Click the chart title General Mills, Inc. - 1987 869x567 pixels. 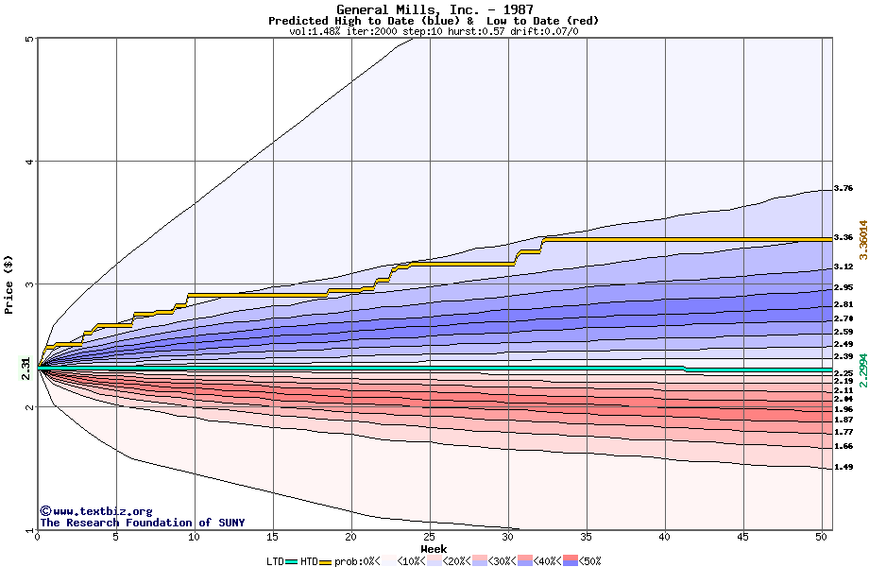click(x=434, y=9)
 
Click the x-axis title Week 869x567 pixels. click(x=434, y=549)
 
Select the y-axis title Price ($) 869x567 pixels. click(x=9, y=283)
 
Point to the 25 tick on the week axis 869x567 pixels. click(x=430, y=537)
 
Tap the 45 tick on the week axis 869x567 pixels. click(x=743, y=537)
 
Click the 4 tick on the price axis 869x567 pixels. click(x=30, y=162)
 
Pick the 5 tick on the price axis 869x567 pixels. click(x=30, y=40)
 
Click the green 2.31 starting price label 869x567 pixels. click(x=26, y=370)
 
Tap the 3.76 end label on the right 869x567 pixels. click(x=843, y=189)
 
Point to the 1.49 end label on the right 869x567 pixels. click(x=843, y=467)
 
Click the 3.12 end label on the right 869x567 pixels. click(x=843, y=267)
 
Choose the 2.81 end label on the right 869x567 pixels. click(x=843, y=304)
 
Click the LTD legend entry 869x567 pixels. click(x=275, y=560)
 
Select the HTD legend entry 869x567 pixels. click(x=308, y=560)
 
